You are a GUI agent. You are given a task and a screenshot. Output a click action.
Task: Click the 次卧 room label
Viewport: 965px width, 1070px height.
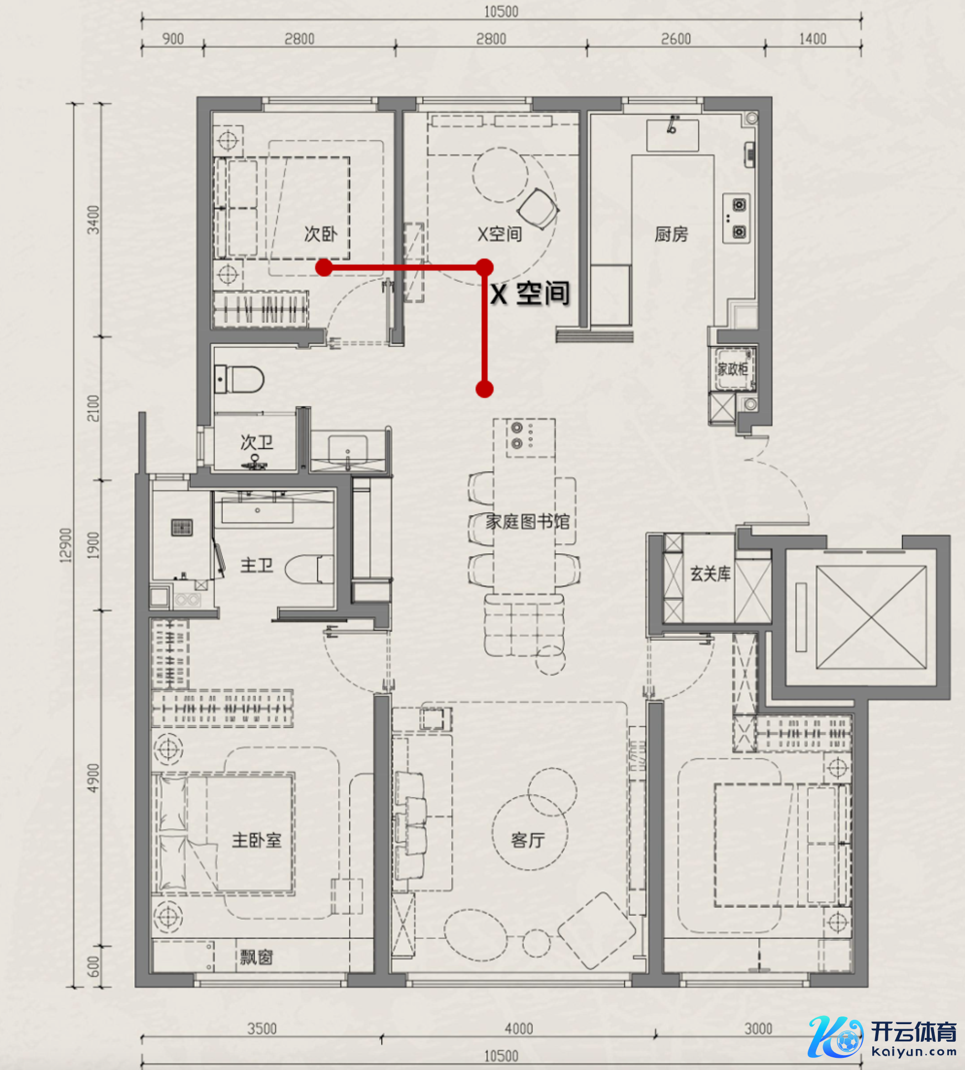[x=320, y=234]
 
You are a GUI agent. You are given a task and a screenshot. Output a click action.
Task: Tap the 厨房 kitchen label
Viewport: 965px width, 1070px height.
[x=671, y=235]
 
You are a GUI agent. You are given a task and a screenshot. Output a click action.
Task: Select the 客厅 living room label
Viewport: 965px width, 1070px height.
[x=528, y=840]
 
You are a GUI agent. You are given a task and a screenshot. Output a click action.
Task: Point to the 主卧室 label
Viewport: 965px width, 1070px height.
[x=257, y=840]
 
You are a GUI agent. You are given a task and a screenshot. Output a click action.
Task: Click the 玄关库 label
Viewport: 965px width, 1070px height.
[x=710, y=574]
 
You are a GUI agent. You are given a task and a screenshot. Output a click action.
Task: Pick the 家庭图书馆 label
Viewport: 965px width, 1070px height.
[x=527, y=521]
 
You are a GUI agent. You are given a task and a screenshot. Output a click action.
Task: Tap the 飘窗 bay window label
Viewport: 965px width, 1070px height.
[x=256, y=957]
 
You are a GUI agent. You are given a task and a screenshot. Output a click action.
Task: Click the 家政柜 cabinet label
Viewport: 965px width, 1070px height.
[x=733, y=369]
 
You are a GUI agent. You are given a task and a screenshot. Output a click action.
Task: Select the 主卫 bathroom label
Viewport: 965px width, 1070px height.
[x=257, y=565]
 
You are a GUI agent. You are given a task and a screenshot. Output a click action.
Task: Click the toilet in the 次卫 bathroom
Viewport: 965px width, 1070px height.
[x=239, y=379]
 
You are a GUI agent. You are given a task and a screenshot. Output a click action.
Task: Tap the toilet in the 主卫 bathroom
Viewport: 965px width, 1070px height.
[x=310, y=569]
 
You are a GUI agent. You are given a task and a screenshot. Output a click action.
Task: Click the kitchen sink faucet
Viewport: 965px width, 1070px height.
[x=672, y=124]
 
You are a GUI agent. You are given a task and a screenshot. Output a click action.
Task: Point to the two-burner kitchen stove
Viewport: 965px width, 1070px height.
[x=736, y=218]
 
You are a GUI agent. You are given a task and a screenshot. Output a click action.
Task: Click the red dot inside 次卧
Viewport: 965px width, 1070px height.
[x=324, y=268]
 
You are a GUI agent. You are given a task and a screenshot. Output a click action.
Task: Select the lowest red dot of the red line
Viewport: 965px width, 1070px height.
[x=484, y=389]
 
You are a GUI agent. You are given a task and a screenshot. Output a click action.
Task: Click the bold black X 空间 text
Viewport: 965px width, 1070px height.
[x=530, y=293]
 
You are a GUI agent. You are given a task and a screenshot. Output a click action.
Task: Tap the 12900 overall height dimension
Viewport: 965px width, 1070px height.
[x=66, y=545]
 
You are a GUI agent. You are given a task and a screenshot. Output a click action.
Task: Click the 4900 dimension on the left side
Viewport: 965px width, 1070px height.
[x=93, y=778]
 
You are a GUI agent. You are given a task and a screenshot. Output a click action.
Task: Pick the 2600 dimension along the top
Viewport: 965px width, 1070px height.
[x=676, y=39]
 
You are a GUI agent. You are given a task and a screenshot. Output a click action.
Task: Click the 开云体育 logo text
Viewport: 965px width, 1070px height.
[x=913, y=1031]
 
